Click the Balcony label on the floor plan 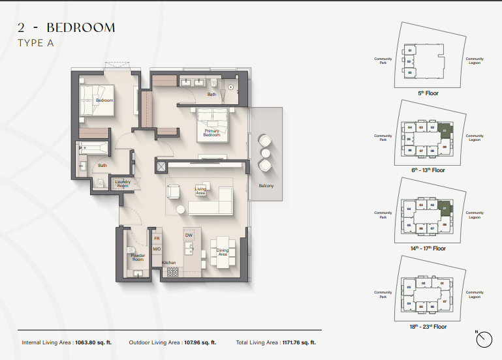pyautogui.click(x=265, y=186)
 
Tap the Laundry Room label pyautogui.click(x=123, y=183)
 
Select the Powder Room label pyautogui.click(x=138, y=257)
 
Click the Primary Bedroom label pyautogui.click(x=212, y=133)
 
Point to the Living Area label pyautogui.click(x=200, y=190)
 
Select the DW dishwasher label pyautogui.click(x=189, y=235)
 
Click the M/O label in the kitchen pyautogui.click(x=157, y=249)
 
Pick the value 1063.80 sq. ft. pyautogui.click(x=93, y=342)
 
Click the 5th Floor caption pyautogui.click(x=428, y=93)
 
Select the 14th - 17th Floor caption pyautogui.click(x=428, y=248)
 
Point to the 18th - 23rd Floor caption pyautogui.click(x=428, y=326)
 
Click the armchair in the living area pyautogui.click(x=174, y=192)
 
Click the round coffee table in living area pyautogui.click(x=180, y=209)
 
